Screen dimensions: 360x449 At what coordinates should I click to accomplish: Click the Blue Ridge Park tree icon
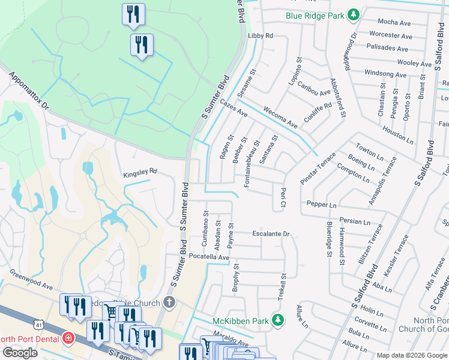pyautogui.click(x=354, y=15)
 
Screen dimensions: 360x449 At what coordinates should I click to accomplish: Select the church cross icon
pyautogui.click(x=170, y=301)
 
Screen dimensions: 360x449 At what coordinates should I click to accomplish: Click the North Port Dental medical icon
pyautogui.click(x=69, y=338)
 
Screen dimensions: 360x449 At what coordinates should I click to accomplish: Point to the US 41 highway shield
pyautogui.click(x=38, y=323)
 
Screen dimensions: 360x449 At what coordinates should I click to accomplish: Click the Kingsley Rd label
pyautogui.click(x=139, y=172)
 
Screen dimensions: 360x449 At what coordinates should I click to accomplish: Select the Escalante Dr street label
pyautogui.click(x=271, y=233)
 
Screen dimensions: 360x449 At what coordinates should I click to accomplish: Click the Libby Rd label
pyautogui.click(x=260, y=36)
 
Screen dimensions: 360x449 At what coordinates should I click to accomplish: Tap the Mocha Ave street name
pyautogui.click(x=394, y=22)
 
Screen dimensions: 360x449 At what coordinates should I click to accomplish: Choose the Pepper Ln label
pyautogui.click(x=321, y=205)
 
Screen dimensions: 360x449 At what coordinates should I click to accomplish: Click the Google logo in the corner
pyautogui.click(x=20, y=352)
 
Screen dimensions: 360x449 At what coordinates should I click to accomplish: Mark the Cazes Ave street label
pyautogui.click(x=234, y=109)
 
